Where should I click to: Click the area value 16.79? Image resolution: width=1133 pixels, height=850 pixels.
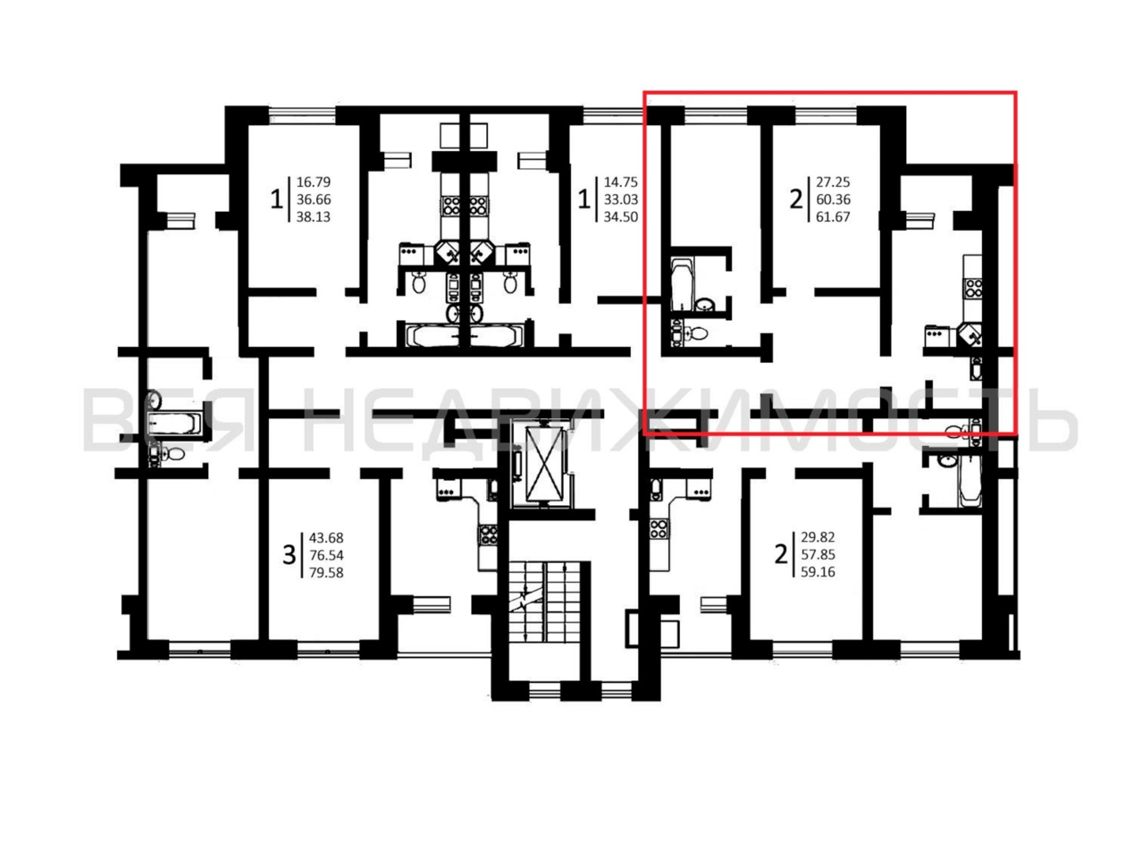tap(314, 182)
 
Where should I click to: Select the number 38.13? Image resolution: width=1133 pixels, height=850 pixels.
tap(314, 217)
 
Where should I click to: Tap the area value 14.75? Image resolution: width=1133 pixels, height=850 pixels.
tap(621, 182)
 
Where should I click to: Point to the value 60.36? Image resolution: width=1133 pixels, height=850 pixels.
tap(833, 199)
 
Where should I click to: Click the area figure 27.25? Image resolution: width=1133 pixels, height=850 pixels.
tap(833, 182)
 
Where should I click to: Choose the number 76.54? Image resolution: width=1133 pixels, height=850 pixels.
tap(326, 555)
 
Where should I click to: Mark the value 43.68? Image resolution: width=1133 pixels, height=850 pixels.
tap(326, 538)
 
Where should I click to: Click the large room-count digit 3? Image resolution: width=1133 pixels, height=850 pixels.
tap(289, 555)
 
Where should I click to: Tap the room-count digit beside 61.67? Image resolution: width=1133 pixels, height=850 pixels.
tap(796, 199)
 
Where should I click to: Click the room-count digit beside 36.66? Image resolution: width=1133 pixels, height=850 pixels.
tap(277, 199)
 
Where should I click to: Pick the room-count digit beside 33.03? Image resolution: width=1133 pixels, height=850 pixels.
tap(584, 199)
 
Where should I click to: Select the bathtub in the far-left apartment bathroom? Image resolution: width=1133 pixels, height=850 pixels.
tap(174, 424)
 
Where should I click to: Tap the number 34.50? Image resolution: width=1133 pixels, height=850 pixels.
tap(621, 217)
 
